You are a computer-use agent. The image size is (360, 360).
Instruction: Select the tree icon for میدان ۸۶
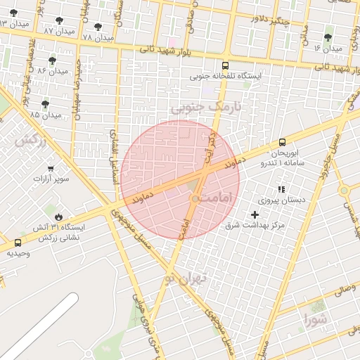[52, 60]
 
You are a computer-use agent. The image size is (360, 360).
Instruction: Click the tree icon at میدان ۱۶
[328, 37]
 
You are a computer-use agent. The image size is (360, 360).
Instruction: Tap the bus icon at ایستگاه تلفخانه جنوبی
[224, 63]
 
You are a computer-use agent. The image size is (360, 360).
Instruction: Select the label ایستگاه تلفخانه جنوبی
[224, 75]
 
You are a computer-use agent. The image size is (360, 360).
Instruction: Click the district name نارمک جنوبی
[205, 108]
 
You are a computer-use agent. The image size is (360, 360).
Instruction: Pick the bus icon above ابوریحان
[282, 142]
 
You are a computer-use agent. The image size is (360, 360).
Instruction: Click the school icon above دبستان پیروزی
[281, 189]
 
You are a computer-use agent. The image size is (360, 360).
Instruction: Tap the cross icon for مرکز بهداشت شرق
[255, 214]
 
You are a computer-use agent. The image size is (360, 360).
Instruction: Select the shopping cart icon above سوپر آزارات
[51, 168]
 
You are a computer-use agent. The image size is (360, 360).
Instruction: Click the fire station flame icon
[58, 217]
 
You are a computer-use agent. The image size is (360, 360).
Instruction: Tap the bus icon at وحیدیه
[17, 243]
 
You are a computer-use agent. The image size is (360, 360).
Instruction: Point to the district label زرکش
[30, 140]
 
